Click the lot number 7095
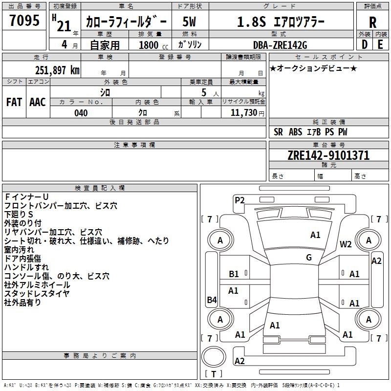coord(24,21)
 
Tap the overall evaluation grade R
coord(372,22)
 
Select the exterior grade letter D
coord(364,44)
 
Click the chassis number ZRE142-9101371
coord(328,155)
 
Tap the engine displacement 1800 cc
coord(152,44)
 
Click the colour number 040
coord(81,113)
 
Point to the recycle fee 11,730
coord(244,113)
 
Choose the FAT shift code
coord(14,102)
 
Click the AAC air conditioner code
coord(37,102)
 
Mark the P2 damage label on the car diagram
coord(239,199)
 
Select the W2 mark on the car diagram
coord(346,244)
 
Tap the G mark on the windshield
coord(309,258)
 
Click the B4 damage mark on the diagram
coord(212,300)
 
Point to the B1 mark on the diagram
coord(234,274)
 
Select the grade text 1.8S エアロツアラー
coord(280,22)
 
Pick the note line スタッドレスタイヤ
coord(37,293)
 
